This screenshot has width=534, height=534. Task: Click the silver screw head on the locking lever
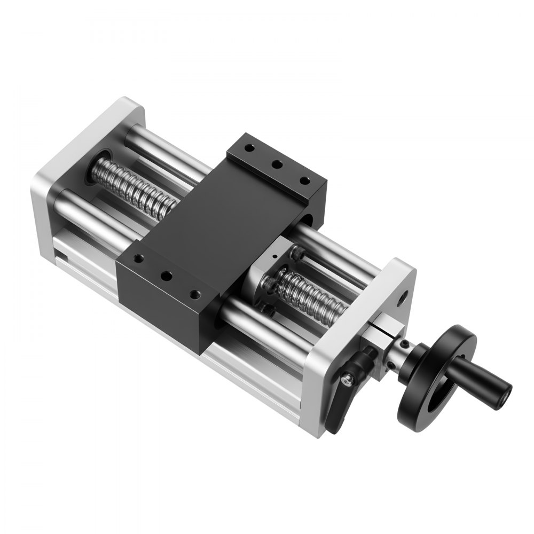[348, 379]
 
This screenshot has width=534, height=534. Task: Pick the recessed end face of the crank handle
[502, 396]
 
